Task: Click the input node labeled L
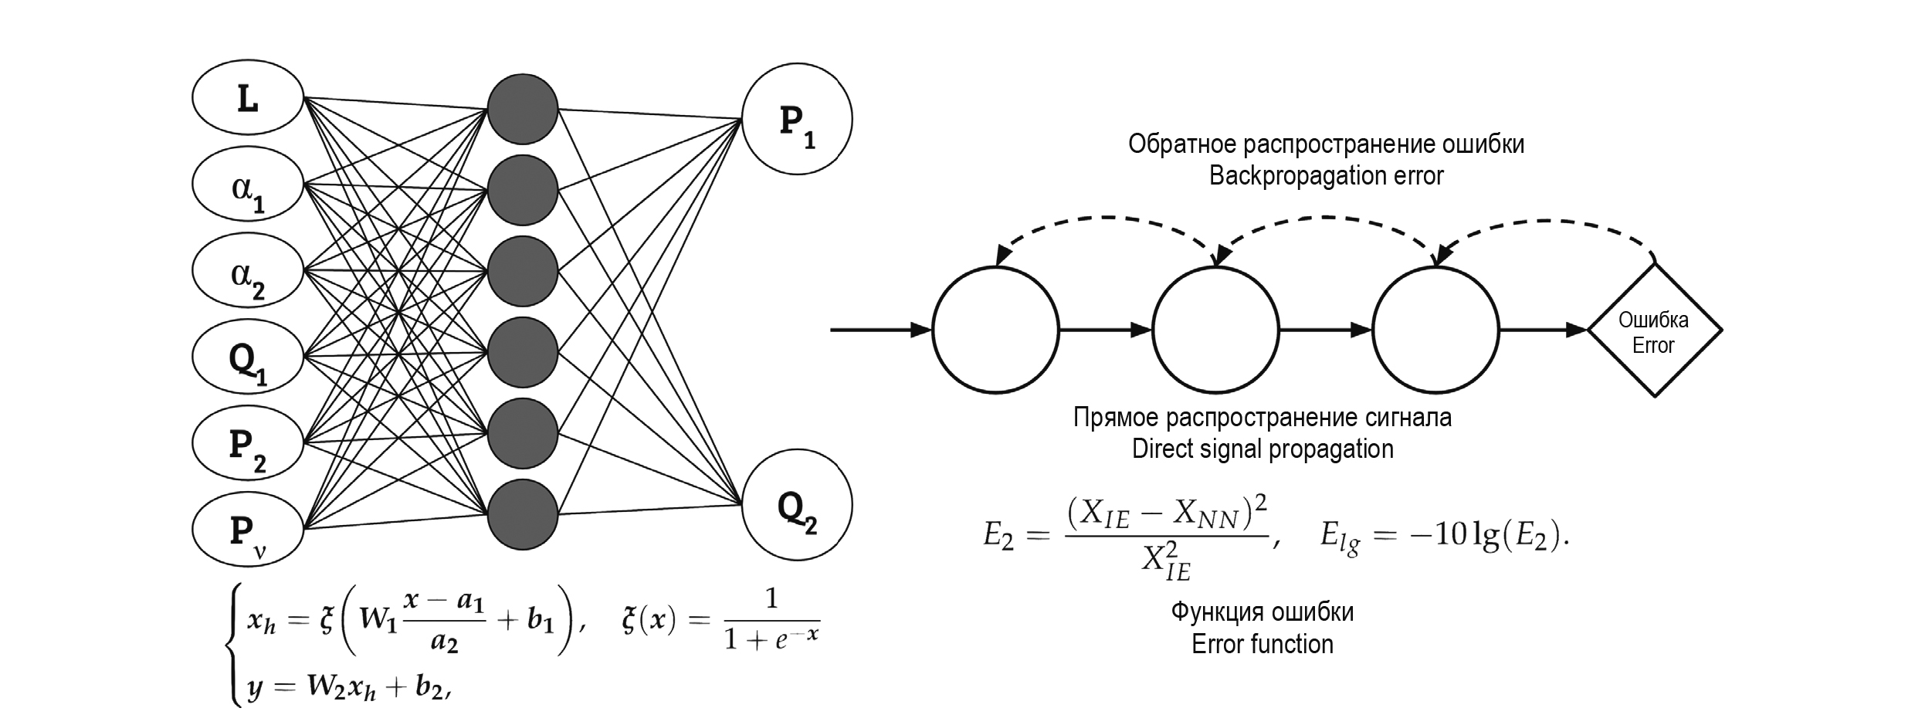point(247,99)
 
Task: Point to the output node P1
point(797,120)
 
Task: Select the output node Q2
point(797,505)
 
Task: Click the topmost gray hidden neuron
point(523,109)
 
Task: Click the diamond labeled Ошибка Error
point(1654,330)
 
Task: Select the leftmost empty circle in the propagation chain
point(995,330)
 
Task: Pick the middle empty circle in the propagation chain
point(1215,330)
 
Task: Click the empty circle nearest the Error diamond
point(1435,330)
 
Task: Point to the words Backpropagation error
point(1326,176)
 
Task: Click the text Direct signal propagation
point(1263,449)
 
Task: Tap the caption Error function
point(1263,644)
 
